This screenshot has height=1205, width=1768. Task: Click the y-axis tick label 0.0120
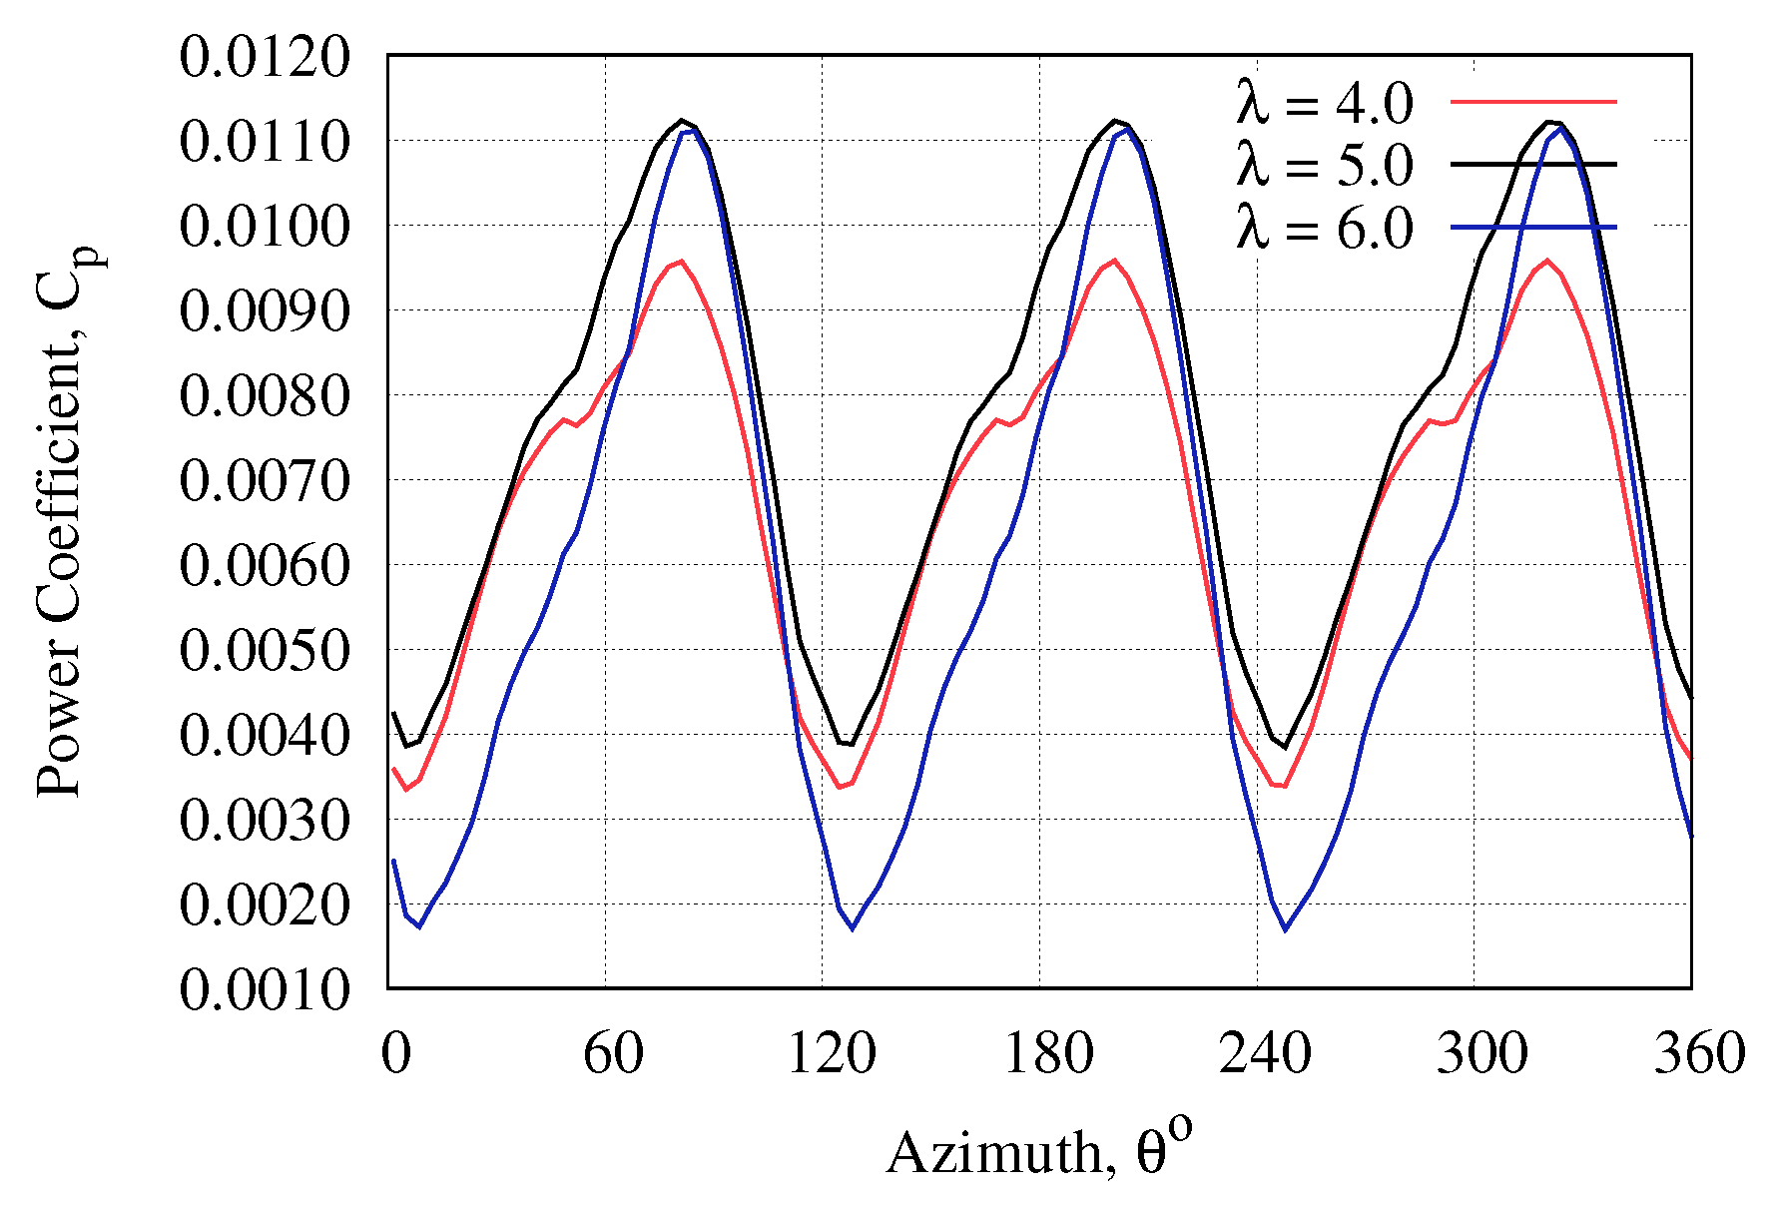266,57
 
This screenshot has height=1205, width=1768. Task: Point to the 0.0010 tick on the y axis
266,989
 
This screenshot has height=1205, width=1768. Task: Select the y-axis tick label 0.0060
266,566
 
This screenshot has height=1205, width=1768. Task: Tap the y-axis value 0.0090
266,311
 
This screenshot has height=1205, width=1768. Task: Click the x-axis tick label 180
1047,1053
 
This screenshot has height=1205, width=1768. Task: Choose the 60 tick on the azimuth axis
613,1053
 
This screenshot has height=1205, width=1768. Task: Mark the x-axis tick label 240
1265,1053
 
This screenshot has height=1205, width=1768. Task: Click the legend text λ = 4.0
1325,103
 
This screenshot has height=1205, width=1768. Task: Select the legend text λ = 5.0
1325,165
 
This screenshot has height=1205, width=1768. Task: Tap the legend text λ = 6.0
1325,228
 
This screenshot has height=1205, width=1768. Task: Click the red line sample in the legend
1532,101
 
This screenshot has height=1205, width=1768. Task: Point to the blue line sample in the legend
1532,228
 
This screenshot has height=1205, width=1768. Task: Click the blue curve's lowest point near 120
853,928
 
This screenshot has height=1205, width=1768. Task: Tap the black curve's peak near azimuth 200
1114,121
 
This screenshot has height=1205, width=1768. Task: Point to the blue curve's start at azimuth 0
393,860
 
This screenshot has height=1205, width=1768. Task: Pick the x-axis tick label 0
395,1053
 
